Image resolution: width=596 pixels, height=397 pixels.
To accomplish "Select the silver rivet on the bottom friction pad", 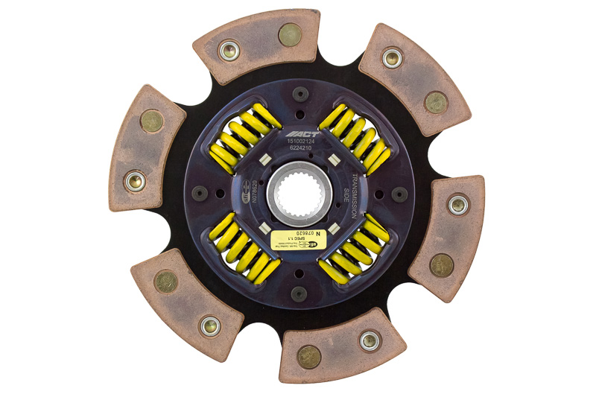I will click(x=368, y=340).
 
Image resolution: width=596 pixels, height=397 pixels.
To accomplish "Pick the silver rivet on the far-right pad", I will click(x=457, y=203).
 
